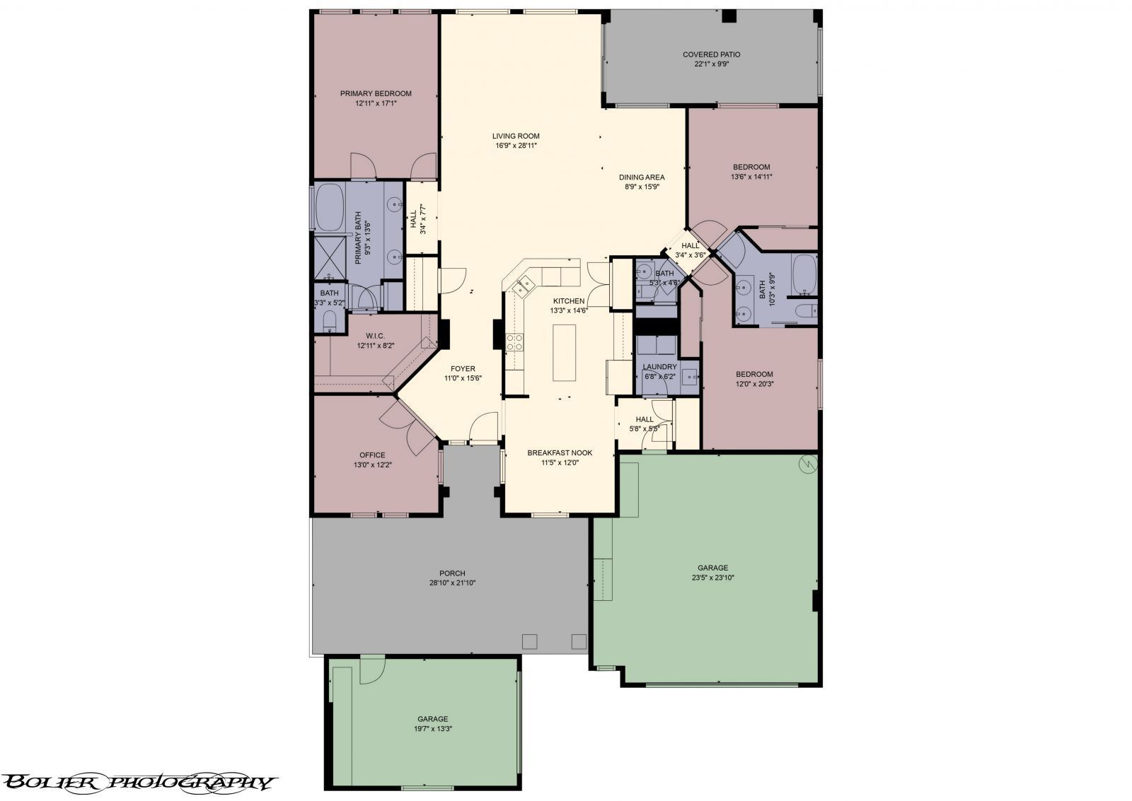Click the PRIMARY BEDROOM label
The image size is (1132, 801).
(376, 93)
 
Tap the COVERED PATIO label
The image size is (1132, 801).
(712, 54)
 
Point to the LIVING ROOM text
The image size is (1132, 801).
(516, 136)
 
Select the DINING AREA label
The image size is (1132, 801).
(642, 177)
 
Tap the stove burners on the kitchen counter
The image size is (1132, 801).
(514, 342)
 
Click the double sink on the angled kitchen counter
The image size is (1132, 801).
(523, 286)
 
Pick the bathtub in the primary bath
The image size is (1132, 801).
(330, 207)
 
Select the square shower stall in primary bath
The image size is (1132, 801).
(330, 257)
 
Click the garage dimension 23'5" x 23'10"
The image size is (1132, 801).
(712, 578)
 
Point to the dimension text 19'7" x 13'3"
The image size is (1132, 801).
(432, 729)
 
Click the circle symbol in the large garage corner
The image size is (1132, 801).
(807, 464)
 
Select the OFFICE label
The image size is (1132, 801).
(372, 455)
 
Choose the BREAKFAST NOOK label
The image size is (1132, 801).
(560, 453)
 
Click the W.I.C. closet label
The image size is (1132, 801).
(376, 337)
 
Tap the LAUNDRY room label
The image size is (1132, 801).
(660, 367)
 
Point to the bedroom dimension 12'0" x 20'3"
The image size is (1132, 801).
(754, 384)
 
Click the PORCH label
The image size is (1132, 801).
(452, 573)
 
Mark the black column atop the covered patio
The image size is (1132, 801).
(729, 16)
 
